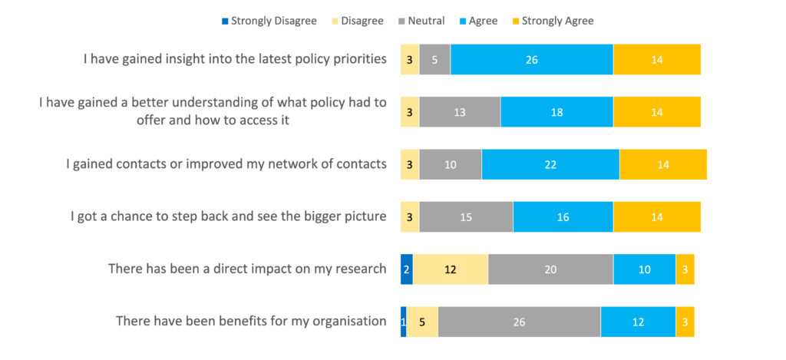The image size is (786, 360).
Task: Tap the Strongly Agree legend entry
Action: click(x=552, y=21)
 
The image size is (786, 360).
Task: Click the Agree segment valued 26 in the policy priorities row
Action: click(x=531, y=59)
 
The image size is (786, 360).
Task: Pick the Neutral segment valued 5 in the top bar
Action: click(x=434, y=59)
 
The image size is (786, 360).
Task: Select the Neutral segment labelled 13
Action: click(x=460, y=112)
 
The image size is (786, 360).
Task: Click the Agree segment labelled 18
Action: click(x=556, y=112)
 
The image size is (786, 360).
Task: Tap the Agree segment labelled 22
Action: click(x=550, y=164)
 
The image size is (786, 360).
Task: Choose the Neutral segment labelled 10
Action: click(x=451, y=164)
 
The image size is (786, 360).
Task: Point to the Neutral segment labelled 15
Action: click(x=466, y=216)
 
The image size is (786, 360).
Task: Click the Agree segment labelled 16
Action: click(x=563, y=216)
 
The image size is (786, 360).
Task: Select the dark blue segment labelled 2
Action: click(x=406, y=269)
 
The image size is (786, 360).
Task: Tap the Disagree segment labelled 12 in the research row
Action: click(x=450, y=269)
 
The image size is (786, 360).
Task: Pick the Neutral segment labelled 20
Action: click(x=550, y=269)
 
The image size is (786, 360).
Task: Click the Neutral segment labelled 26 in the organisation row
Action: click(x=519, y=322)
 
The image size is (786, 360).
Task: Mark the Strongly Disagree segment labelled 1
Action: click(x=403, y=322)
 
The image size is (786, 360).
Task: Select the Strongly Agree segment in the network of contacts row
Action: click(x=663, y=164)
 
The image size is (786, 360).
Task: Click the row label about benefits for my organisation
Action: click(x=251, y=321)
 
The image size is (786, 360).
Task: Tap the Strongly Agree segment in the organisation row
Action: click(x=685, y=322)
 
